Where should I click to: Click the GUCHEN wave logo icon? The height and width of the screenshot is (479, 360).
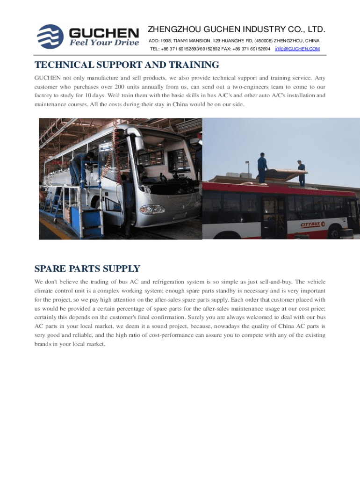51,36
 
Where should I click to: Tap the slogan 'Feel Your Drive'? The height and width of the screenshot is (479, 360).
104,43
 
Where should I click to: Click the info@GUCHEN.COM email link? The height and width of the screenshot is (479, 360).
297,49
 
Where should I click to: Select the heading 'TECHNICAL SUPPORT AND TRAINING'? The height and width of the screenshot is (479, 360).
127,65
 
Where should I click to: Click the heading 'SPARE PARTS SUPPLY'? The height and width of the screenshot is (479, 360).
87,269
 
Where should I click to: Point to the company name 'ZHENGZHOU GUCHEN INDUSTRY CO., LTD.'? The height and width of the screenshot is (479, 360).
237,29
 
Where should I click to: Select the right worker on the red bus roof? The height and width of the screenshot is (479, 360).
302,172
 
